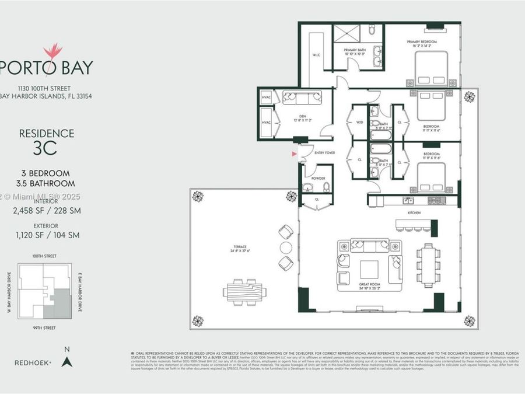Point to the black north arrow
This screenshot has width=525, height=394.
(66, 361)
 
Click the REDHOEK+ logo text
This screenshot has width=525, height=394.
(33, 362)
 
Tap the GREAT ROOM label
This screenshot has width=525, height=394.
(370, 285)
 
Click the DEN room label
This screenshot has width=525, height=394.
(302, 116)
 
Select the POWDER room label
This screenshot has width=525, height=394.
(318, 179)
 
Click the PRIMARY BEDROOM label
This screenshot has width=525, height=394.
(421, 41)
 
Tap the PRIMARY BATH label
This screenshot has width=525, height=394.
(354, 50)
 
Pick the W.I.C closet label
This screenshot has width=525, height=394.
(316, 55)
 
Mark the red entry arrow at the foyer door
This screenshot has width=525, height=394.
(295, 154)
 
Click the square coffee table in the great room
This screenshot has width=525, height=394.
(369, 269)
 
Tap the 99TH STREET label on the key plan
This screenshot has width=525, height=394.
(44, 328)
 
